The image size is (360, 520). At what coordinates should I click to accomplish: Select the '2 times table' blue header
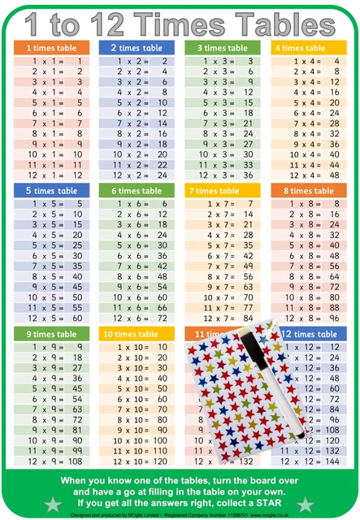(136, 48)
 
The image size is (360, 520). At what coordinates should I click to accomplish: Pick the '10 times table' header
(136, 334)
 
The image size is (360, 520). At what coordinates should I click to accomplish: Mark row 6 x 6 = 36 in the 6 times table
(136, 254)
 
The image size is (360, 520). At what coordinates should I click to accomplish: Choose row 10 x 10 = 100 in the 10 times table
(136, 440)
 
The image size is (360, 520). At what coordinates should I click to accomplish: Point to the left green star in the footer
(53, 505)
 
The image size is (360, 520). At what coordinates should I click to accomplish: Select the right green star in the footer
(306, 505)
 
